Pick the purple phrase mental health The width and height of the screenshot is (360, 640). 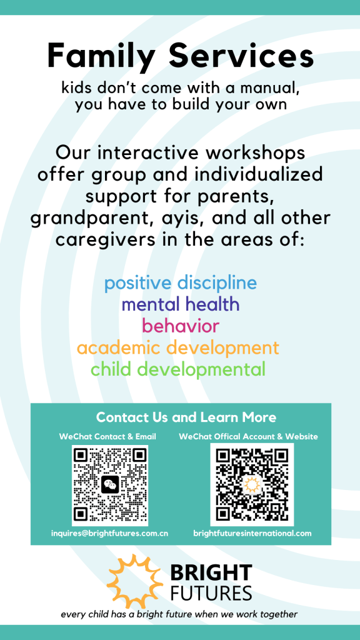(x=181, y=304)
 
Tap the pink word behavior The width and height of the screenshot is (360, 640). (x=181, y=326)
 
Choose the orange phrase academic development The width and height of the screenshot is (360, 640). (x=178, y=349)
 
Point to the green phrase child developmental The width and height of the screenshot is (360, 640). (x=178, y=370)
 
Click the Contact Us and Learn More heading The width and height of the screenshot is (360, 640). (x=186, y=417)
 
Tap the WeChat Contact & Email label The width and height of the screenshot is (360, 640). (x=107, y=436)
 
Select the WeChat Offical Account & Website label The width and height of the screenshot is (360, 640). (x=248, y=436)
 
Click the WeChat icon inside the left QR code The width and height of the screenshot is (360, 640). (x=110, y=484)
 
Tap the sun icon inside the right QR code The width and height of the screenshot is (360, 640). (x=251, y=484)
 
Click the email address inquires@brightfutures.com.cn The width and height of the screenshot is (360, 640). (x=110, y=533)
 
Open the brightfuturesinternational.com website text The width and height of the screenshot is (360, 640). (x=252, y=533)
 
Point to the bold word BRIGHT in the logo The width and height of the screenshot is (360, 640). (x=211, y=572)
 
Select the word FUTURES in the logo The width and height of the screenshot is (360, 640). (x=211, y=592)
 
